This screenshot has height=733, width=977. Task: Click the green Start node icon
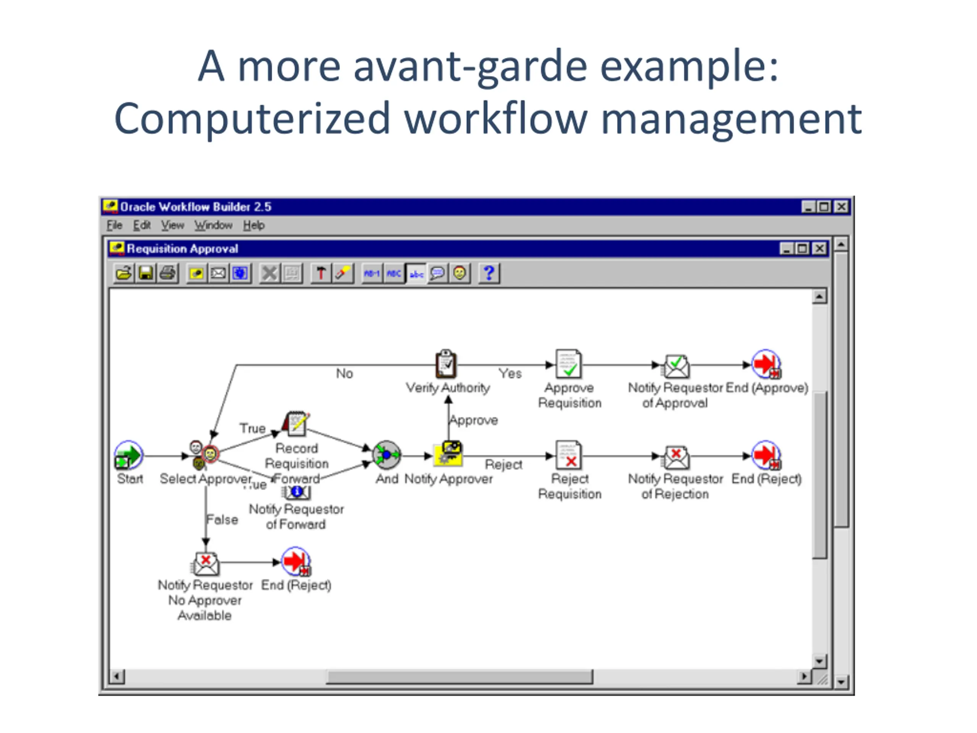(x=128, y=455)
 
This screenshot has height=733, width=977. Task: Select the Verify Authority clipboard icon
(x=446, y=364)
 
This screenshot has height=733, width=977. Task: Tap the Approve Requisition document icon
(x=569, y=364)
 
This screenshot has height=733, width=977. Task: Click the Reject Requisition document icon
(x=569, y=455)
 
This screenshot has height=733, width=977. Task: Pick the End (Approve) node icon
(x=766, y=364)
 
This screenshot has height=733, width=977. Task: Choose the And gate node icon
(x=387, y=455)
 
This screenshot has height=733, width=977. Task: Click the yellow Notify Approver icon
(x=448, y=454)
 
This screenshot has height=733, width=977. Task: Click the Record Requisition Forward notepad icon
(x=297, y=423)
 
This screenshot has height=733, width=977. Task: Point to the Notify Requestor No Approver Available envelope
(x=205, y=564)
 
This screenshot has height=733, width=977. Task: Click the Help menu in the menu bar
(x=253, y=225)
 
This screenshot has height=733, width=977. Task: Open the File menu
(x=114, y=225)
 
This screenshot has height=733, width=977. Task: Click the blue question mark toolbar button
(x=488, y=273)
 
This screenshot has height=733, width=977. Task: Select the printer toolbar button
(x=168, y=273)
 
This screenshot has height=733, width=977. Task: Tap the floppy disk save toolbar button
(x=146, y=273)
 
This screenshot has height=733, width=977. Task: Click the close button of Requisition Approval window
(x=819, y=249)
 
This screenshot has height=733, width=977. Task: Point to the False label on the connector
(x=222, y=520)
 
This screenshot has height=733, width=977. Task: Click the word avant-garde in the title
(x=470, y=66)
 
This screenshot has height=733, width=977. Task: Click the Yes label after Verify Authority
(x=510, y=374)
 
